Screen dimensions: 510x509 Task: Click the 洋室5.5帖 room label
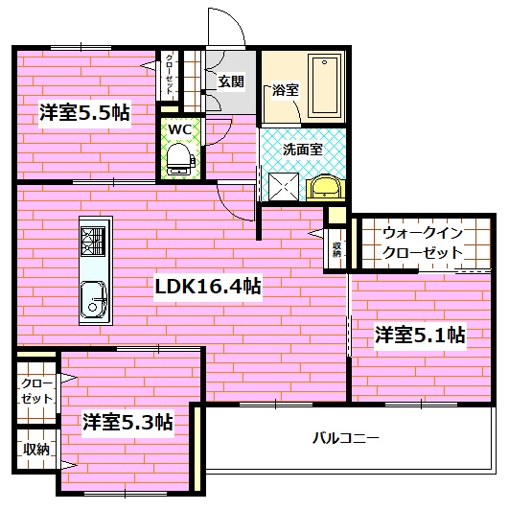click(84, 111)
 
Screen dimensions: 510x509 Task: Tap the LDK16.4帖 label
click(209, 286)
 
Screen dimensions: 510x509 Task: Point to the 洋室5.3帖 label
click(127, 422)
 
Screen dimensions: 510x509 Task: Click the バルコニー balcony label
click(346, 438)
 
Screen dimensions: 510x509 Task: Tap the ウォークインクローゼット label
click(423, 243)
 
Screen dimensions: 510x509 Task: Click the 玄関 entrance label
click(231, 81)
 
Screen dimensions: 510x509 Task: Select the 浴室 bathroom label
click(285, 90)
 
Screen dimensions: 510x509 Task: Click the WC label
click(179, 128)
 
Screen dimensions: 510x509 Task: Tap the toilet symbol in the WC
click(179, 158)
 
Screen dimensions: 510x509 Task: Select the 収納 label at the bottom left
click(36, 449)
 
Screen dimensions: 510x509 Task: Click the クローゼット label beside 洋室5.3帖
click(36, 390)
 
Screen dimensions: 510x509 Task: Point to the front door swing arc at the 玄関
click(222, 27)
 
